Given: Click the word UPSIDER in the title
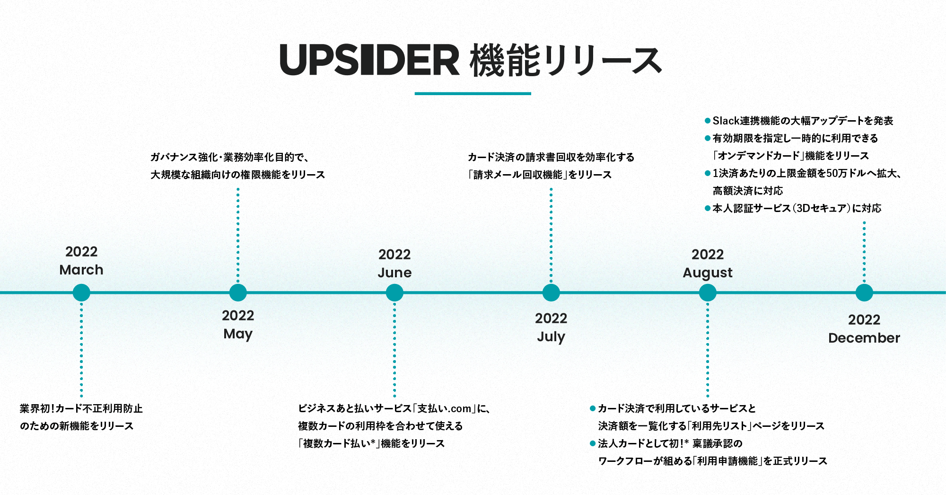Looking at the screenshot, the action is pyautogui.click(x=369, y=61).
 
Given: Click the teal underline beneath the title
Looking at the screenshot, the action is pyautogui.click(x=473, y=94).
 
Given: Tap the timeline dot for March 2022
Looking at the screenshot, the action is pyautogui.click(x=81, y=293).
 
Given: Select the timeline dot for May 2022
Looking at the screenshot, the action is pyautogui.click(x=238, y=293).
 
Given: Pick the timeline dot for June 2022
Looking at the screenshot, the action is pyautogui.click(x=394, y=293).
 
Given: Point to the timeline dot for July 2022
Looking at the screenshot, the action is pyautogui.click(x=551, y=293).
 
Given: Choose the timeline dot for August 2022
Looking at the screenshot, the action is pyautogui.click(x=708, y=293).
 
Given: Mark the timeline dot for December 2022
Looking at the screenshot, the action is pyautogui.click(x=864, y=293).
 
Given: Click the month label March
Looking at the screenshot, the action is pyautogui.click(x=81, y=270).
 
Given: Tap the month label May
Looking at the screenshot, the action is pyautogui.click(x=238, y=334).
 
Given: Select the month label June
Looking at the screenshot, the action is pyautogui.click(x=394, y=273).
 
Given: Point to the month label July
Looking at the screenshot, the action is pyautogui.click(x=551, y=337).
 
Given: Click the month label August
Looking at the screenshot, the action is pyautogui.click(x=708, y=273).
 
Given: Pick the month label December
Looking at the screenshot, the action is pyautogui.click(x=864, y=338).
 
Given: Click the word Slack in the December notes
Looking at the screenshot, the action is pyautogui.click(x=726, y=121).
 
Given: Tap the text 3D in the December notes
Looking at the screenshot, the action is pyautogui.click(x=804, y=208).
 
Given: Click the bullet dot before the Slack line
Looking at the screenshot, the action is pyautogui.click(x=708, y=121).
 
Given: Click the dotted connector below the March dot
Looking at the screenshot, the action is pyautogui.click(x=81, y=350).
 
